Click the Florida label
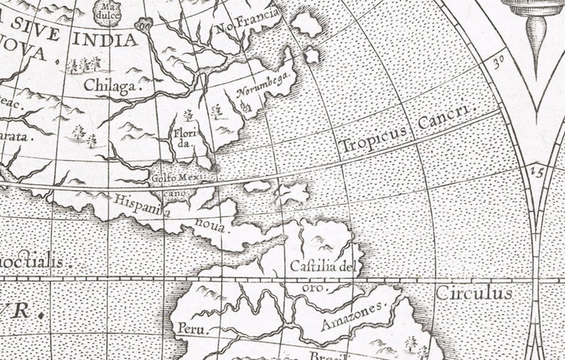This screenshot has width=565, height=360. click(x=183, y=137)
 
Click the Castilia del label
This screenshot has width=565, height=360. click(x=322, y=268)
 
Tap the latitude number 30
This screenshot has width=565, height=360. click(x=500, y=61)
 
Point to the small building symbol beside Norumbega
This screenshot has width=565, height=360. click(x=245, y=107)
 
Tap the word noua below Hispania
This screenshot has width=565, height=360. click(x=209, y=228)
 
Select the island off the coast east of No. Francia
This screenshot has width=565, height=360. click(x=307, y=23)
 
